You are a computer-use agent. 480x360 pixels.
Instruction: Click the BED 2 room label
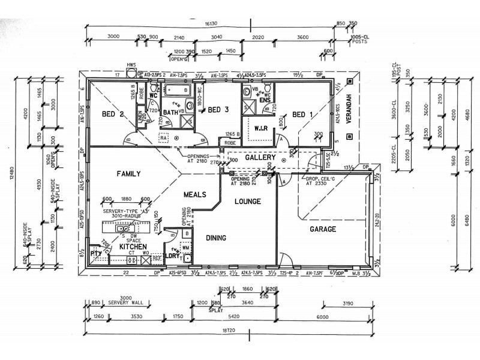pyautogui.click(x=113, y=115)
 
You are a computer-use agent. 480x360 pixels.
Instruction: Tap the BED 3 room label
pyautogui.click(x=217, y=109)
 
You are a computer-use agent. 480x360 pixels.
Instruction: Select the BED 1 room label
pyautogui.click(x=303, y=115)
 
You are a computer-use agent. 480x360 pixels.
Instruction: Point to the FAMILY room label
pyautogui.click(x=128, y=174)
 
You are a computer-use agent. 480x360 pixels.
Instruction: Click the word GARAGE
pyautogui.click(x=323, y=229)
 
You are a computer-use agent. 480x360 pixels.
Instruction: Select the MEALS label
pyautogui.click(x=196, y=195)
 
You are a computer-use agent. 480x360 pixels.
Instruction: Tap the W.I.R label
pyautogui.click(x=260, y=128)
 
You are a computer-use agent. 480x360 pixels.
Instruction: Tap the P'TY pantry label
pyautogui.click(x=95, y=254)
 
